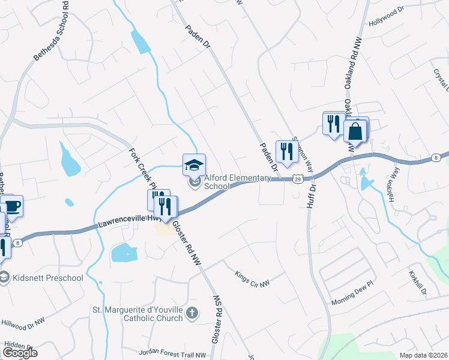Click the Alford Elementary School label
216,182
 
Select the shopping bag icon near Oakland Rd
355,131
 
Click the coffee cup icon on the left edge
12,206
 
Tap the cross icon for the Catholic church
191,313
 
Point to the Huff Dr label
312,196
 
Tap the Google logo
20,352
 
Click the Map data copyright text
423,355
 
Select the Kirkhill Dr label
419,282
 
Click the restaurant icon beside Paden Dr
286,151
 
